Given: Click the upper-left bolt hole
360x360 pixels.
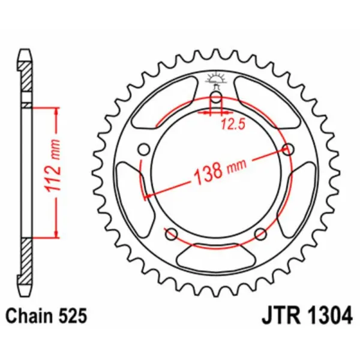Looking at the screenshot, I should click(143, 148).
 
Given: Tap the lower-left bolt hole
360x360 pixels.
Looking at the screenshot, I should click(171, 233).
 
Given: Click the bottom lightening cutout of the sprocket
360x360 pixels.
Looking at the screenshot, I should click(217, 259).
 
